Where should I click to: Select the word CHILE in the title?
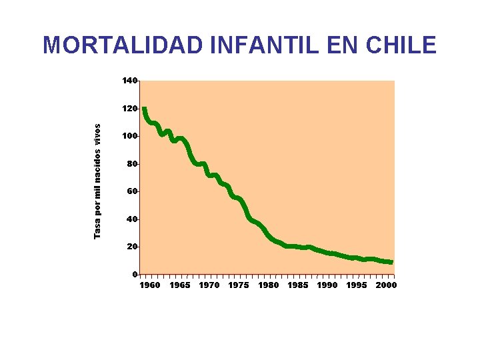tap(398, 45)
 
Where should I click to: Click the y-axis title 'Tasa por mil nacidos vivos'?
tap(97, 181)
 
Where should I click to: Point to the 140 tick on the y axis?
tap(129, 81)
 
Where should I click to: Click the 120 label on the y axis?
tap(129, 108)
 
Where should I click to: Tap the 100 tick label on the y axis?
tap(129, 136)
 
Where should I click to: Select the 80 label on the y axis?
tap(131, 164)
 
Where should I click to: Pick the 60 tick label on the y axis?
tap(131, 191)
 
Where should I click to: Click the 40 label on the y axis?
tap(131, 219)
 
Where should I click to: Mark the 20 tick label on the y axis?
tap(131, 247)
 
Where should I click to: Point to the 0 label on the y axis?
tap(134, 275)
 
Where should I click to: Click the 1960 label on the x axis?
tap(149, 285)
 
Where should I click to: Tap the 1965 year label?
tap(179, 285)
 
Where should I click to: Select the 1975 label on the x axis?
tap(239, 285)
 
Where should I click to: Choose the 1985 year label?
tap(298, 285)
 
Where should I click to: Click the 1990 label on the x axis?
tap(327, 285)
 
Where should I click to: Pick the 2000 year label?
tap(386, 285)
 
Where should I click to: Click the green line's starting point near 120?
tap(144, 109)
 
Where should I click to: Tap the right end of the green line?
tap(391, 262)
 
